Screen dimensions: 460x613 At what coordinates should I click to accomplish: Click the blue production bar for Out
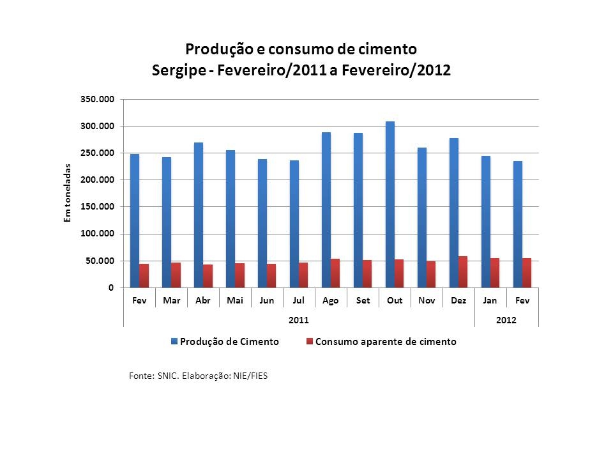[x=390, y=204]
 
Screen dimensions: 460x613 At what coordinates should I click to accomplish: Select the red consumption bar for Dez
[x=463, y=272]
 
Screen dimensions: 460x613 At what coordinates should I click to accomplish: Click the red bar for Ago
[x=335, y=273]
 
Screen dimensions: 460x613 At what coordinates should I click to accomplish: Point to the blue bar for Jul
[x=294, y=224]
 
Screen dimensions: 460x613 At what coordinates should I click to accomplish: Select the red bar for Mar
[x=176, y=275]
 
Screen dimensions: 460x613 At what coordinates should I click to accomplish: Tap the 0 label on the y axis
[x=111, y=288]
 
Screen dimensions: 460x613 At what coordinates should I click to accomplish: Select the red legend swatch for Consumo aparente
[x=310, y=342]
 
